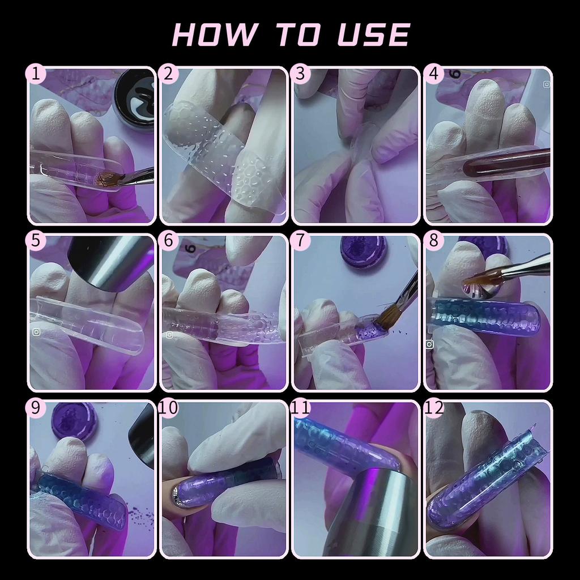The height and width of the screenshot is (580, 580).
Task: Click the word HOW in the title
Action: (214, 35)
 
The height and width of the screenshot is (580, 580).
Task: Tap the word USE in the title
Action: (374, 35)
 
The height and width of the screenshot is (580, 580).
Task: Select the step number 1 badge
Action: (36, 74)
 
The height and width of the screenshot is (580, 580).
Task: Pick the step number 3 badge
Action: (300, 74)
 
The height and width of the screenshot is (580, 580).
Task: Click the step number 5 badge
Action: (36, 240)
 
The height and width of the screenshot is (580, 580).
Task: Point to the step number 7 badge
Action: (300, 240)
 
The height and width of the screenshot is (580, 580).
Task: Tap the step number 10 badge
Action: (168, 408)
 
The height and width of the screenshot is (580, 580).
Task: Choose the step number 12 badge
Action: (433, 408)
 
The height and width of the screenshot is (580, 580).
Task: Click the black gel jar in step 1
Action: (134, 98)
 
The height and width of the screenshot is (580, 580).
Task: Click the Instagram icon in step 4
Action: (547, 84)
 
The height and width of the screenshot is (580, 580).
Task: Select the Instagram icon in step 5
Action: (36, 332)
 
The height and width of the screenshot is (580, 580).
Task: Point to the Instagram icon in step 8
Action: (429, 344)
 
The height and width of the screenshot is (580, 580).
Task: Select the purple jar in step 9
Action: (74, 421)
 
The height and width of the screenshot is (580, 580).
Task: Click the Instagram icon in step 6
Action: (169, 335)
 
